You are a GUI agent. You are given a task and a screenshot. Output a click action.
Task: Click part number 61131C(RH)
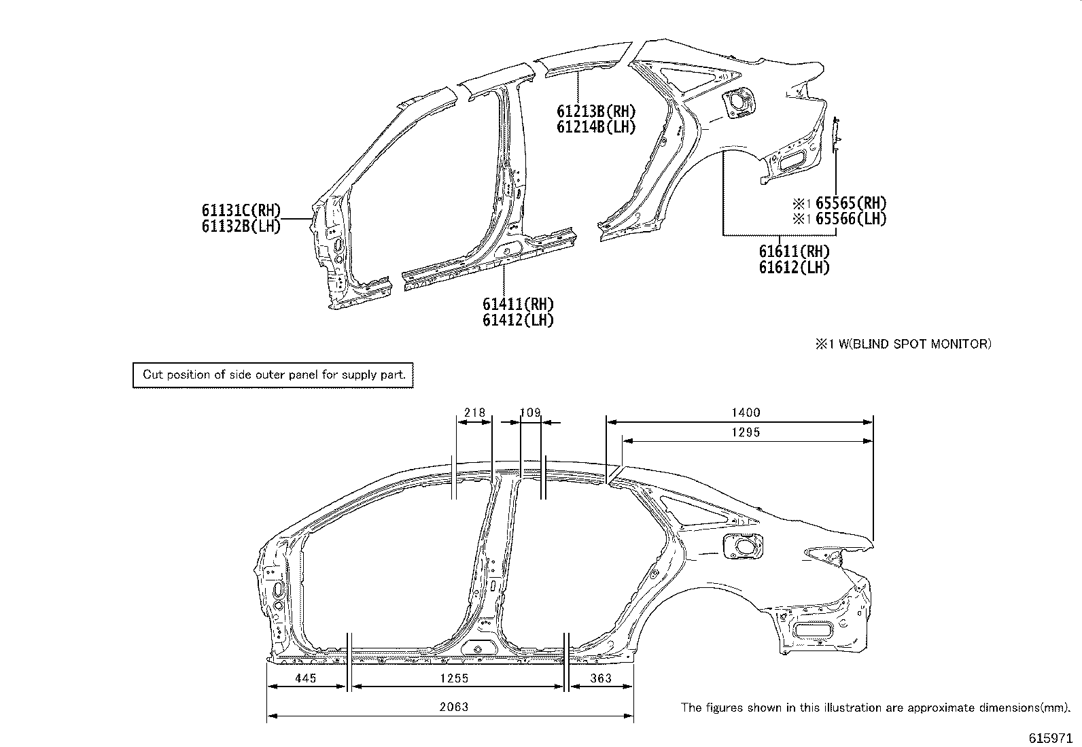(241, 210)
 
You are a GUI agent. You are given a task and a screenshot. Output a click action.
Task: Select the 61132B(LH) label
(241, 226)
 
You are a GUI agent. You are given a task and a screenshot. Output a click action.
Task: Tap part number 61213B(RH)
(596, 110)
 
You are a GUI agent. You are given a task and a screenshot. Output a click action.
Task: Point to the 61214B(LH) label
(596, 126)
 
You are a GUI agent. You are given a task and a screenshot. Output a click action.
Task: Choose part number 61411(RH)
(519, 304)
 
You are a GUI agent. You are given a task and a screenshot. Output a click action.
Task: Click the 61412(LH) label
(519, 320)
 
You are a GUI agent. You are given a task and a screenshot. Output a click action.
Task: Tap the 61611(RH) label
(795, 251)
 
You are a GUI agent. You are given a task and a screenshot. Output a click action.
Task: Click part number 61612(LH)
(795, 267)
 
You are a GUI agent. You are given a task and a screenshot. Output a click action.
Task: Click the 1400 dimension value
(746, 413)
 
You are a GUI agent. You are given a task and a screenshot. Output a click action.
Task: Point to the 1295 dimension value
(746, 432)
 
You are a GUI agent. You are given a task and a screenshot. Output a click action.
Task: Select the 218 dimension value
(474, 413)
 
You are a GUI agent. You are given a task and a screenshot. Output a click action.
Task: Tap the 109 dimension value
(530, 413)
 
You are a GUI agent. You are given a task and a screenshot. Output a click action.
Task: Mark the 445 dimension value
(306, 678)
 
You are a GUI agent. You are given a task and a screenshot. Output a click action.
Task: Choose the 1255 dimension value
(454, 678)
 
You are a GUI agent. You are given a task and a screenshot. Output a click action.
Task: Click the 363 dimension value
(601, 678)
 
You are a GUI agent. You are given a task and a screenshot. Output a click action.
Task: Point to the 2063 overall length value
(453, 707)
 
